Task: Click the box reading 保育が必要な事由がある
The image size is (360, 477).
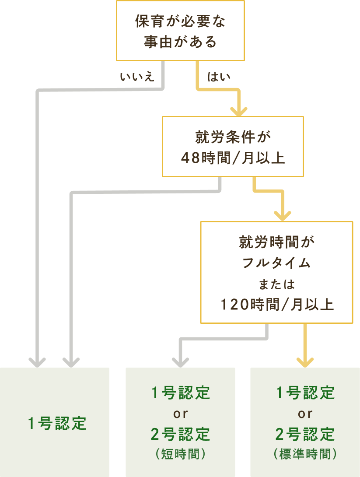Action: pyautogui.click(x=180, y=31)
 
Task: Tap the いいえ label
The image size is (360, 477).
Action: pyautogui.click(x=137, y=77)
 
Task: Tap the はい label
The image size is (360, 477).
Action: pyautogui.click(x=219, y=77)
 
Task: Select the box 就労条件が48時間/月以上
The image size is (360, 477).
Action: pyautogui.click(x=233, y=147)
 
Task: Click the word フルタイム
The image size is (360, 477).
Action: pyautogui.click(x=276, y=263)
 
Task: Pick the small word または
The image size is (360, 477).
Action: pyautogui.click(x=276, y=284)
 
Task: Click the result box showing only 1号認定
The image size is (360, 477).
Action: pyautogui.click(x=55, y=423)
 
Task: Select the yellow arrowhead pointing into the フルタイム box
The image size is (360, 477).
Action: pyautogui.click(x=283, y=215)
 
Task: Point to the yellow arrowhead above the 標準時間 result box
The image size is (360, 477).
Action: pyautogui.click(x=305, y=361)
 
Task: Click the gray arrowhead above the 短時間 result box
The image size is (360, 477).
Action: pyautogui.click(x=180, y=361)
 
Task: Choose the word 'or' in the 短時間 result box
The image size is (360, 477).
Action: pyautogui.click(x=181, y=414)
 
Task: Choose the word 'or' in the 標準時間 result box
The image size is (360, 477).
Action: pyautogui.click(x=305, y=414)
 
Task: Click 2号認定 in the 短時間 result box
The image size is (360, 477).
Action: pyautogui.click(x=181, y=435)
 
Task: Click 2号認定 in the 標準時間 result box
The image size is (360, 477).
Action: pyautogui.click(x=305, y=435)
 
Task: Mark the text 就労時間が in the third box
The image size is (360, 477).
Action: pyautogui.click(x=276, y=242)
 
